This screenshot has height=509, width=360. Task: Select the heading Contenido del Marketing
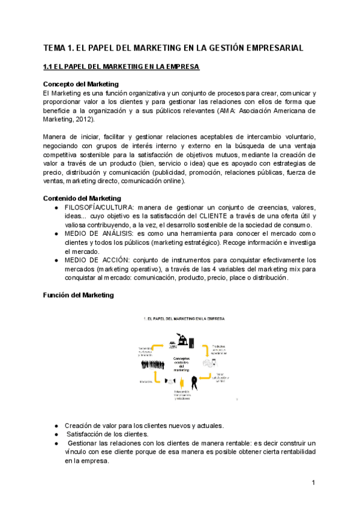tap(82, 198)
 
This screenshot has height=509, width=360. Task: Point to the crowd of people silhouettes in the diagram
tap(154, 365)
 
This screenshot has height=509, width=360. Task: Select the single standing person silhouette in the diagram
tap(194, 382)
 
